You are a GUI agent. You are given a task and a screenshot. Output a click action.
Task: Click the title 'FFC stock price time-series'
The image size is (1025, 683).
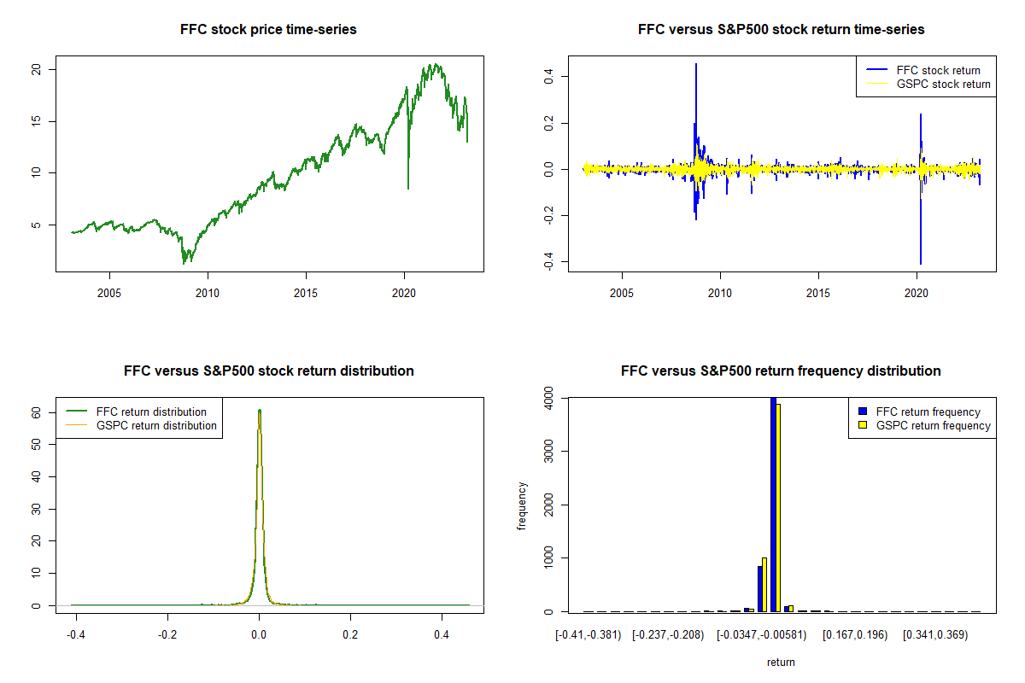coord(268,30)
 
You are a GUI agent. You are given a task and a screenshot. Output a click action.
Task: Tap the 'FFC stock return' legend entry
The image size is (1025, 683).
coord(937,70)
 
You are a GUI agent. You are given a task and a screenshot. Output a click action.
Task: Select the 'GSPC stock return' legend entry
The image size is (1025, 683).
coord(943,85)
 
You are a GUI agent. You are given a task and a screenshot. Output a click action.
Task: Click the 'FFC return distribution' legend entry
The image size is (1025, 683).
coord(151,412)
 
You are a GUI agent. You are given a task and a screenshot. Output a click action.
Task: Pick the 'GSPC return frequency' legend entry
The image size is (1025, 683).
coord(933,425)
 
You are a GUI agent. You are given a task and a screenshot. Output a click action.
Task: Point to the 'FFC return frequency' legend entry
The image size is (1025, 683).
coord(928,412)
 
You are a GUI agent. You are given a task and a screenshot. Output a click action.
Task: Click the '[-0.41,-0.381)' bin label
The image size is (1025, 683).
coord(587,635)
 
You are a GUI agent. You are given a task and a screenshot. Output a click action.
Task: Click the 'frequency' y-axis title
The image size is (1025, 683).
coord(522,505)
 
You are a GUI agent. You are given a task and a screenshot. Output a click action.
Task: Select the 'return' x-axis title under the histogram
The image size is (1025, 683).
coord(781,662)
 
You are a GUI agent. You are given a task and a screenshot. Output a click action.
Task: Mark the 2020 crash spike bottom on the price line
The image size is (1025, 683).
coord(408,188)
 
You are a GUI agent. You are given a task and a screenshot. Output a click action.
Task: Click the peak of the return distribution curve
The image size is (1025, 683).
coord(259,410)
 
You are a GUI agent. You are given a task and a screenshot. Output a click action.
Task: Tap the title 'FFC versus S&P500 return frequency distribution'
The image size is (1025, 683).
coord(781,371)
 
